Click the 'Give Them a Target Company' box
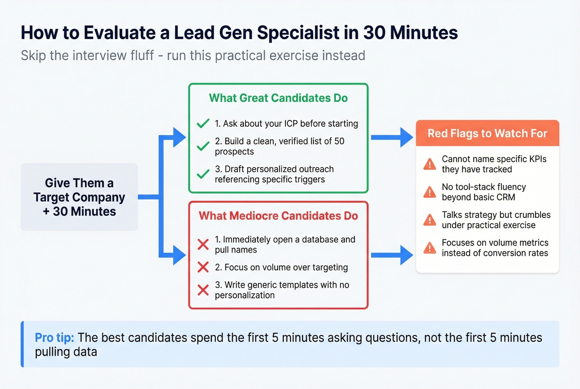point(79,197)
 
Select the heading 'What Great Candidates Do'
point(278,98)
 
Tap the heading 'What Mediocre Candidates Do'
point(278,216)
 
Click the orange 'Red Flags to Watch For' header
point(487,133)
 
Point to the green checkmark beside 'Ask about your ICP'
point(203,123)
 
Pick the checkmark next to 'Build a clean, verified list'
point(203,146)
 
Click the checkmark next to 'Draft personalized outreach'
point(203,174)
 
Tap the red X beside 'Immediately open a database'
point(203,244)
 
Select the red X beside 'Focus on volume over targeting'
point(203,267)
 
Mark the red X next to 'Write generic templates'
point(203,290)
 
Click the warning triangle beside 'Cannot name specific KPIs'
point(430,164)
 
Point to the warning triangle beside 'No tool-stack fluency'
point(430,192)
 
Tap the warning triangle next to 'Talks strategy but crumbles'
point(430,220)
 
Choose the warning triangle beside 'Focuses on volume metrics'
point(430,248)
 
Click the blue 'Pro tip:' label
point(54,338)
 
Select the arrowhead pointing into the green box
point(179,137)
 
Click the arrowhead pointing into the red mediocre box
point(179,255)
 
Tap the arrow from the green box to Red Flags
point(391,137)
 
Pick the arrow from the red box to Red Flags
point(391,255)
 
